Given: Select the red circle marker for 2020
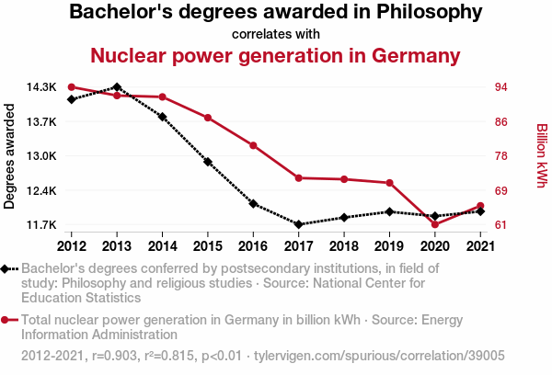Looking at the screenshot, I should [434, 224].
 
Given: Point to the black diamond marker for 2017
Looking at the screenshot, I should [298, 224].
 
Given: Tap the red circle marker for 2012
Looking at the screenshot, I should [72, 87].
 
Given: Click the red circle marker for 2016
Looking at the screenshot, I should [253, 145].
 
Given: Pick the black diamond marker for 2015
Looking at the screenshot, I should [208, 162].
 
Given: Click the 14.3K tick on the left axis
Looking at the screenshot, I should [41, 87].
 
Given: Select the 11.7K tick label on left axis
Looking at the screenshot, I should [41, 225].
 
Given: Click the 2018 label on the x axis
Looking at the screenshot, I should [344, 245].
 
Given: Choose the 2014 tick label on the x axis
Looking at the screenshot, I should [163, 245].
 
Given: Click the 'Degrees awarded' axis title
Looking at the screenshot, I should [10, 156].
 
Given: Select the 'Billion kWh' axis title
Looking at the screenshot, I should [542, 156].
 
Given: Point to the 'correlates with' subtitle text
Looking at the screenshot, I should [275, 34].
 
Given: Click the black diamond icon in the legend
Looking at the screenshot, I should [7, 268].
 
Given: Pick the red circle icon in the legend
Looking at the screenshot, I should [7, 321].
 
